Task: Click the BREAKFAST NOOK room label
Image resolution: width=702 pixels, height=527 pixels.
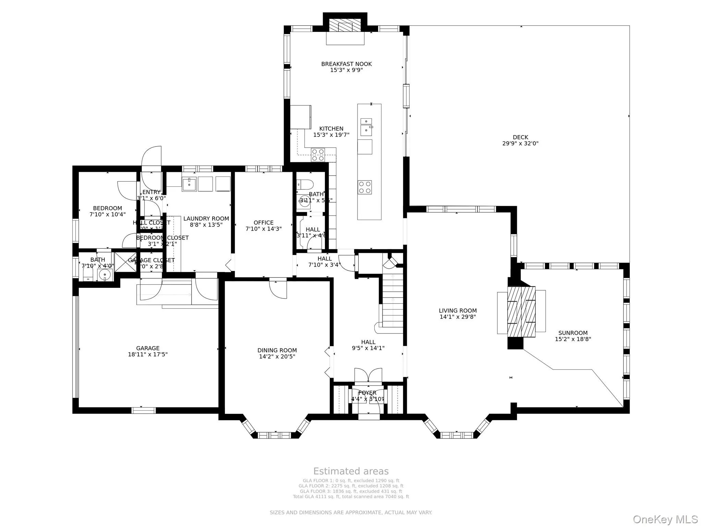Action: (346, 64)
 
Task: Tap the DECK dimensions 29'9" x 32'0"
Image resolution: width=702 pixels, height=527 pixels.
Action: (520, 144)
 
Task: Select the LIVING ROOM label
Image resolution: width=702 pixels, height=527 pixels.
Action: (458, 311)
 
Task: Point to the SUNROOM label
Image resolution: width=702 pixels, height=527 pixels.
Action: (573, 333)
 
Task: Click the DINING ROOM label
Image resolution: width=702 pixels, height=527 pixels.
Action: (277, 350)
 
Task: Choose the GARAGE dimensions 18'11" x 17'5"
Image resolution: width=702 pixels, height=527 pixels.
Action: (148, 354)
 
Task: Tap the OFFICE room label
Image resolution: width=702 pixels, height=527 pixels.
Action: (264, 223)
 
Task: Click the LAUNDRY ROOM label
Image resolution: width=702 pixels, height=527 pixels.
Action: (206, 219)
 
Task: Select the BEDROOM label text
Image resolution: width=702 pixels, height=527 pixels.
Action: (107, 208)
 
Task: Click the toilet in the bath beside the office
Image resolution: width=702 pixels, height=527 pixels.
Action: (305, 184)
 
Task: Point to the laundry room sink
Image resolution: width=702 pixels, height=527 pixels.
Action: (189, 184)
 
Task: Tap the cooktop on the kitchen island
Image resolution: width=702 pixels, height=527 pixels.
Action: (365, 187)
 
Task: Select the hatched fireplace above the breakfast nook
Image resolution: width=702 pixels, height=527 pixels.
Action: (345, 25)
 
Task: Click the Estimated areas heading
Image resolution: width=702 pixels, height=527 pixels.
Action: (351, 471)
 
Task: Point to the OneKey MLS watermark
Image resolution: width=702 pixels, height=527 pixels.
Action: (665, 519)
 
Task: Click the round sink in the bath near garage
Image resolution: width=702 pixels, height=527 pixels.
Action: (105, 274)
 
